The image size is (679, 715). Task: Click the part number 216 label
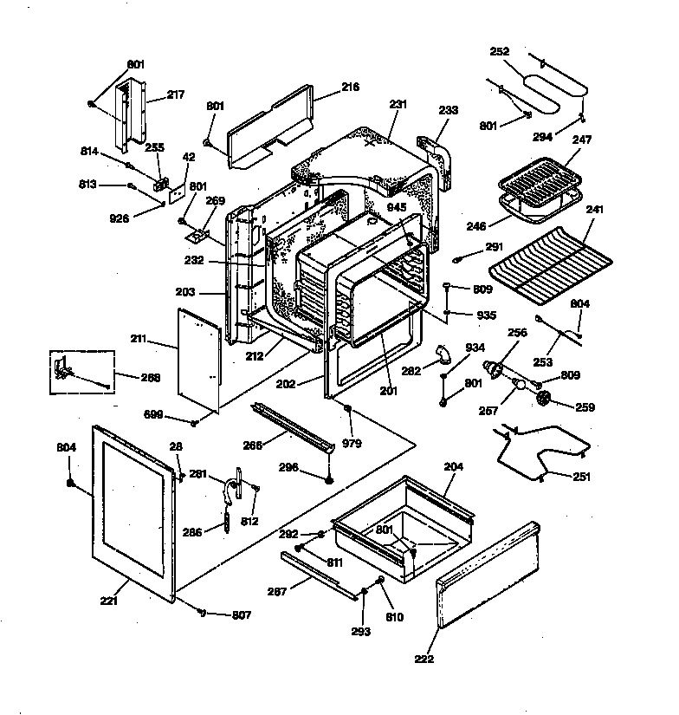326,87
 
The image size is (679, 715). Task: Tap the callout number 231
398,104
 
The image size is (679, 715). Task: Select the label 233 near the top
449,110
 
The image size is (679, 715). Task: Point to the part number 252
500,51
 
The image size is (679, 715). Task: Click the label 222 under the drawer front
424,660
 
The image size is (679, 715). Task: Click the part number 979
352,443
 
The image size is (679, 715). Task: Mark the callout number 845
396,207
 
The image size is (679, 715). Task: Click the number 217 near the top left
176,94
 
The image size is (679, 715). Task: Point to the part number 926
120,218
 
